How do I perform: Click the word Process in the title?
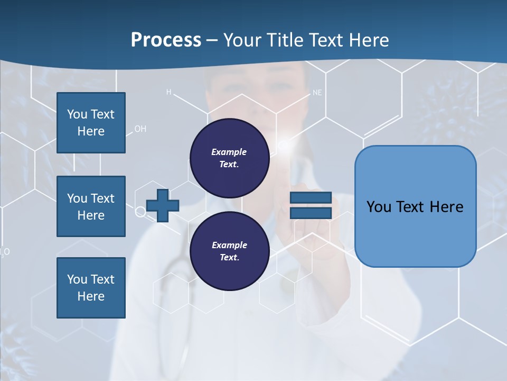pos(166,40)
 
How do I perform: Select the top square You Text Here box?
pos(91,123)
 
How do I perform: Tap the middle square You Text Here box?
pos(91,206)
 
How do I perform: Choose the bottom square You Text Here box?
pos(91,287)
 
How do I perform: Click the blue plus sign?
pos(163,206)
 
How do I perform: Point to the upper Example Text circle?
pos(229,158)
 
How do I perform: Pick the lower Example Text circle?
pos(229,251)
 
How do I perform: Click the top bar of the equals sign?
pos(311,197)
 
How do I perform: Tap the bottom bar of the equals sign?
pos(311,213)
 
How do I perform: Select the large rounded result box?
pos(415,206)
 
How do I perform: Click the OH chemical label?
pos(140,129)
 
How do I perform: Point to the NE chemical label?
pos(317,93)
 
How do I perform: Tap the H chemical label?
pos(169,92)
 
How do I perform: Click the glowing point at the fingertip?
pos(284,143)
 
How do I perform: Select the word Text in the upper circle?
pos(229,165)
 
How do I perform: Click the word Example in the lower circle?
pos(229,245)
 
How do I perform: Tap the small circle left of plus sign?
pos(140,212)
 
